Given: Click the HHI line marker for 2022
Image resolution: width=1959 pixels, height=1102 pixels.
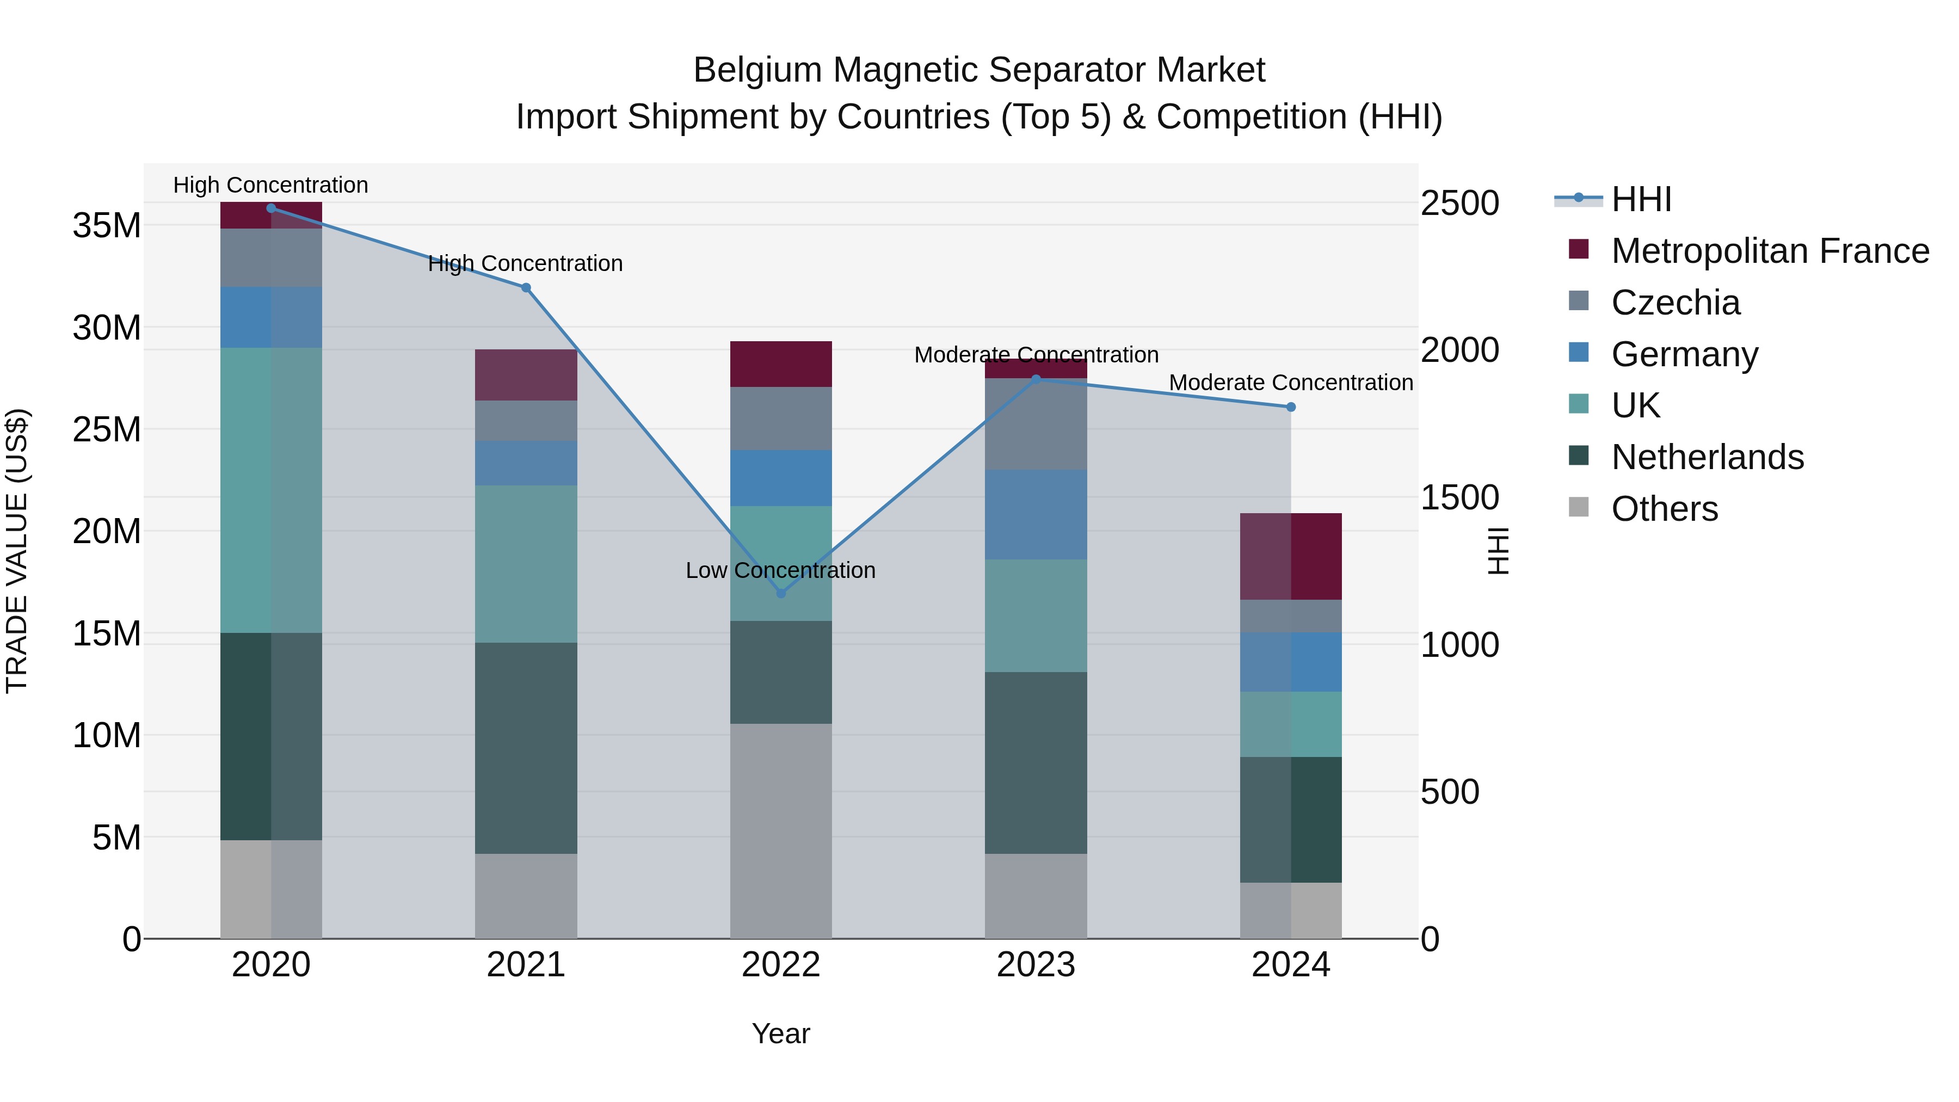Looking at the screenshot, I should tap(780, 593).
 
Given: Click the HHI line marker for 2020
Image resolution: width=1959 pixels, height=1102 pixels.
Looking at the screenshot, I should tap(271, 208).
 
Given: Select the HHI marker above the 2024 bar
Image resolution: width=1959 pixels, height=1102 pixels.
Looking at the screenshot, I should tap(1291, 408).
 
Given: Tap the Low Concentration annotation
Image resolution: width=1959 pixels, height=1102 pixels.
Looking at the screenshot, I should tap(780, 570).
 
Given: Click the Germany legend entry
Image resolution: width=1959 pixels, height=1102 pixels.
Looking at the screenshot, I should tap(1684, 354).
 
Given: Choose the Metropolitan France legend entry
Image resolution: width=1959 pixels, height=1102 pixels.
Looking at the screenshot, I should tap(1770, 251).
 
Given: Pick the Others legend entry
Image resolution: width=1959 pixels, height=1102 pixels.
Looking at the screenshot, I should tap(1664, 509).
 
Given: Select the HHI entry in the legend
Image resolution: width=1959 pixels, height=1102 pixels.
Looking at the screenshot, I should tap(1641, 199).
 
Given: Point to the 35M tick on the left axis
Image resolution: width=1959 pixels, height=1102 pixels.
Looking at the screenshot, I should tap(107, 226).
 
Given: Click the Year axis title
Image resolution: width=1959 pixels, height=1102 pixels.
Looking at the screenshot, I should tap(780, 1033).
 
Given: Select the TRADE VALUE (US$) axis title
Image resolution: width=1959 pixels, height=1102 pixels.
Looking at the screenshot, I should tap(17, 551).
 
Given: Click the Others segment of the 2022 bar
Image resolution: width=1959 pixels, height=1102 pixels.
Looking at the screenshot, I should tap(780, 830).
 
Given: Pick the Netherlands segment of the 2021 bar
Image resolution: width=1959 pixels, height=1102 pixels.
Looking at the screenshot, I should tap(526, 748).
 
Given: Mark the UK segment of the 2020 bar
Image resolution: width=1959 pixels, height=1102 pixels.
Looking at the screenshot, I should tap(271, 490).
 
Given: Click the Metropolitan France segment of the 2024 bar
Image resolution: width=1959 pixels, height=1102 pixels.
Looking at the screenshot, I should tap(1291, 557).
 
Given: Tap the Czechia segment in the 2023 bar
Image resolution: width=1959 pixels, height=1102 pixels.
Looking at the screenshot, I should tap(1035, 424).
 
